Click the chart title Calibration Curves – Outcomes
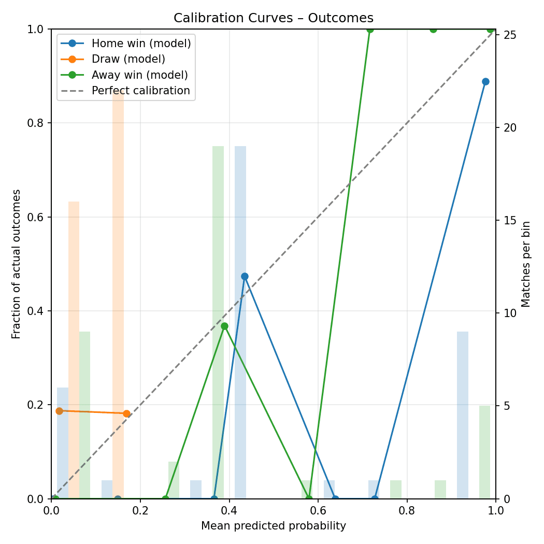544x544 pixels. click(273, 18)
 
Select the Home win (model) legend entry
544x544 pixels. click(141, 44)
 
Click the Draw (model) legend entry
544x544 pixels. click(128, 59)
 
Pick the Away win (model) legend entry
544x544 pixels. click(139, 75)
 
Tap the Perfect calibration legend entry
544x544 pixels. click(140, 91)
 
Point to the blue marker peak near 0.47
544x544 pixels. click(245, 276)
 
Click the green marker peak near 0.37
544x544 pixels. click(224, 326)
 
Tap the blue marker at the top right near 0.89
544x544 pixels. click(485, 81)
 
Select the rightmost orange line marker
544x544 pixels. click(126, 413)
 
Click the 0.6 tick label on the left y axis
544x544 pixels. click(36, 217)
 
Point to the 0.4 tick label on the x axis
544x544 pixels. click(229, 510)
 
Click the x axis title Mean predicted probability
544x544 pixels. click(273, 526)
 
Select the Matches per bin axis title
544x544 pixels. click(526, 264)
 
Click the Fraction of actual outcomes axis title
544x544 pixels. click(17, 264)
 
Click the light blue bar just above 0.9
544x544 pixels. click(463, 415)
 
